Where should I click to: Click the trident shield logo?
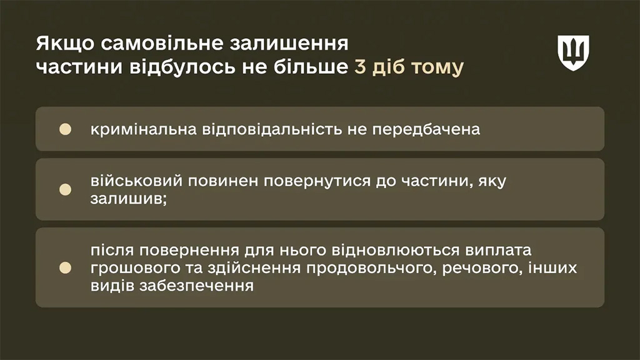[574, 53]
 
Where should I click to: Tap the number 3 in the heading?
[360, 67]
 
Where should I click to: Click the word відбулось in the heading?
[182, 67]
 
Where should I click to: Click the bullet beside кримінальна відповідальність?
[65, 129]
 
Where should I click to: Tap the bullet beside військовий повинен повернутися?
[65, 189]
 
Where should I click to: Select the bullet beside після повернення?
[65, 267]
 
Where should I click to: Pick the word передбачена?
[426, 130]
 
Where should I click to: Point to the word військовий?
[136, 181]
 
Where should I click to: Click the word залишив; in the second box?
[129, 199]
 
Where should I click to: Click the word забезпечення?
[197, 286]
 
